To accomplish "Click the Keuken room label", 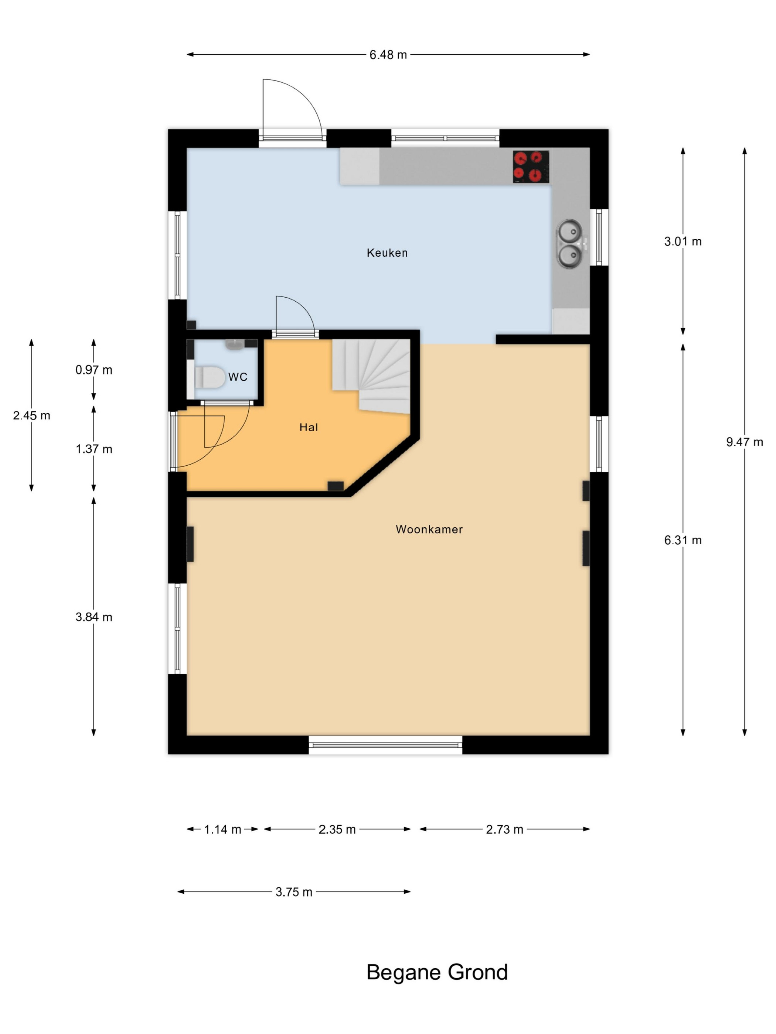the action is (x=387, y=253).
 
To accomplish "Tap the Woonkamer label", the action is (x=429, y=529).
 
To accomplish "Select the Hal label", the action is (x=309, y=427).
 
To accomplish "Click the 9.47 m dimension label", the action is (x=744, y=442).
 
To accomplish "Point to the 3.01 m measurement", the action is (x=683, y=241).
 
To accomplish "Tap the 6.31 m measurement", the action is (x=683, y=540).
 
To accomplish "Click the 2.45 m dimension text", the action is (x=31, y=415).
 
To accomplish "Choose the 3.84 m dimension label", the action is (x=93, y=617).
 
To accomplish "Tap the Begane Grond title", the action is (x=437, y=972).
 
